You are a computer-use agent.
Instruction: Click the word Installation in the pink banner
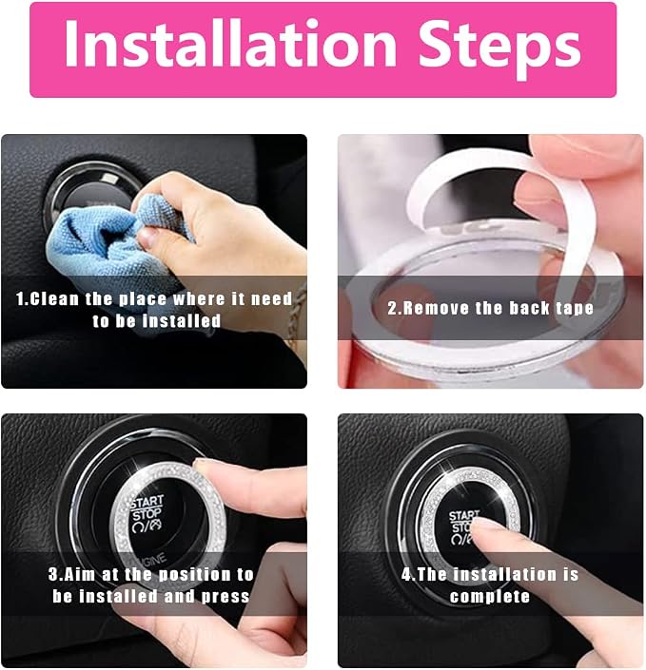coord(231,44)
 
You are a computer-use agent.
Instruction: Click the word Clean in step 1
coord(54,298)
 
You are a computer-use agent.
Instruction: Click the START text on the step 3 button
coord(147,502)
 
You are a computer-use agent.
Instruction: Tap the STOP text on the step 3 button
coord(147,514)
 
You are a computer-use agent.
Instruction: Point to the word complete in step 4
coord(490,596)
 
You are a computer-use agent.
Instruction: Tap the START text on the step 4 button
coord(463,516)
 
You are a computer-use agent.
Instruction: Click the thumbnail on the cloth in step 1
coord(146,237)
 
